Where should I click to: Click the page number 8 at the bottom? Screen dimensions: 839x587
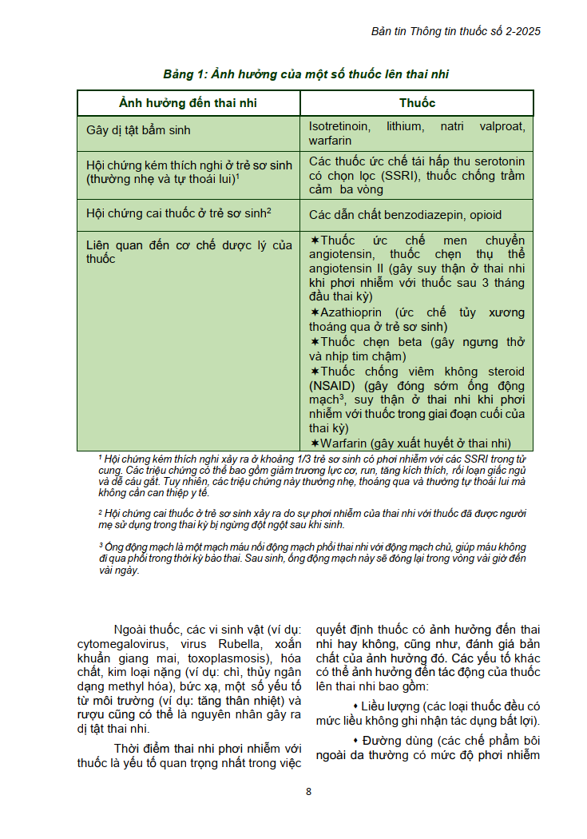[308, 792]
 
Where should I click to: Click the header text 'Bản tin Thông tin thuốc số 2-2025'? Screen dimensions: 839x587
[456, 31]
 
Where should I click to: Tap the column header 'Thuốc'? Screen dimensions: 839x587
[417, 103]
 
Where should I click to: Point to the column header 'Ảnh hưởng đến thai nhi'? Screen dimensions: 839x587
[188, 103]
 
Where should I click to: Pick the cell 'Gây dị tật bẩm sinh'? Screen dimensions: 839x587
[138, 129]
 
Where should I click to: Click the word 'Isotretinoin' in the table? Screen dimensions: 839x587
[339, 126]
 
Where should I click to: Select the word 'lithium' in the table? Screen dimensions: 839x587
[405, 126]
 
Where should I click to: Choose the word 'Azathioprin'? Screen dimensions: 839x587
[351, 312]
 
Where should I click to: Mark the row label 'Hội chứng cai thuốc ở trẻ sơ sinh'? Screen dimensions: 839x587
[176, 213]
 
